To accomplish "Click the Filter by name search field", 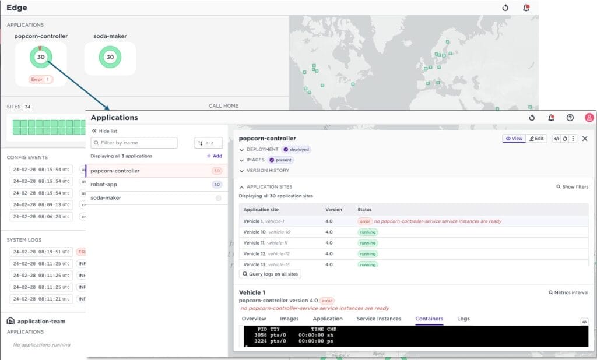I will pyautogui.click(x=134, y=143).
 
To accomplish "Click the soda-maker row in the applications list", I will pyautogui.click(x=104, y=198).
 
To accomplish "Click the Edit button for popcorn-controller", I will pyautogui.click(x=536, y=139).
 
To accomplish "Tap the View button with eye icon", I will pyautogui.click(x=514, y=139).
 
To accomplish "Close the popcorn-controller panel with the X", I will pyautogui.click(x=585, y=139).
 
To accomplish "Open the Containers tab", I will pyautogui.click(x=429, y=319).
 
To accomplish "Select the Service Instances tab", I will pyautogui.click(x=379, y=319).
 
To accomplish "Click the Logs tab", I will pyautogui.click(x=463, y=319).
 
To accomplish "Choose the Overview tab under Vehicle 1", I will pyautogui.click(x=254, y=319).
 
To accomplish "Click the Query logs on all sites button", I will pyautogui.click(x=271, y=274).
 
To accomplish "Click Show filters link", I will pyautogui.click(x=572, y=187).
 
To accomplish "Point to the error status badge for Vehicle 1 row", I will pyautogui.click(x=365, y=221).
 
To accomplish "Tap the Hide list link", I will pyautogui.click(x=104, y=131).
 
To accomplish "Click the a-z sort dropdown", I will pyautogui.click(x=208, y=143).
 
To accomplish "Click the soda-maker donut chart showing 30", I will pyautogui.click(x=110, y=57).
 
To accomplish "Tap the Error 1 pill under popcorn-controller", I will pyautogui.click(x=40, y=79).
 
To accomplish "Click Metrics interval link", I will pyautogui.click(x=568, y=292).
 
